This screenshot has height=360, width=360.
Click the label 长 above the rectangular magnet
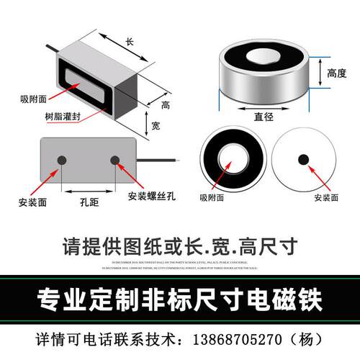[x=130, y=42]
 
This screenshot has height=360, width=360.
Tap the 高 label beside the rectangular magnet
[x=165, y=105]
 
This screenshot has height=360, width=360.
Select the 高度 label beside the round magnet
[x=338, y=73]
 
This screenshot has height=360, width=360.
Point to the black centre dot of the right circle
[x=304, y=158]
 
